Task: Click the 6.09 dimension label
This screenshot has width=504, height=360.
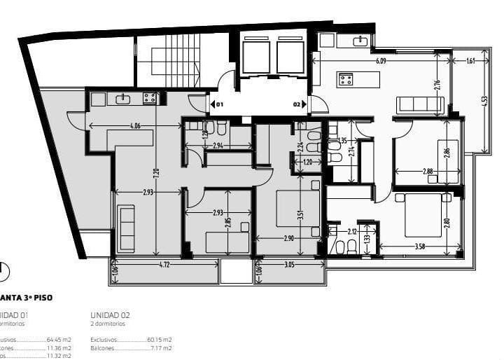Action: [381, 61]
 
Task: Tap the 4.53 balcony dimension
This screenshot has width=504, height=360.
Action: [484, 100]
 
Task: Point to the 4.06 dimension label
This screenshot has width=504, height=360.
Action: [134, 126]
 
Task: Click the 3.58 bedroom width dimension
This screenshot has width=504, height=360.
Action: [420, 247]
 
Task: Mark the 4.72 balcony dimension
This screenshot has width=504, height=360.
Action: [164, 265]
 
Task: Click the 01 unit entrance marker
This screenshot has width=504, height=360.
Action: [218, 104]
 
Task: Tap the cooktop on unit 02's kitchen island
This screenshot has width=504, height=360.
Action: [346, 79]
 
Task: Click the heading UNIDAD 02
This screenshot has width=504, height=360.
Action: [110, 315]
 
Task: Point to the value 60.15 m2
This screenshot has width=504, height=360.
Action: [159, 339]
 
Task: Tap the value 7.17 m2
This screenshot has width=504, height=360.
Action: [160, 347]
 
